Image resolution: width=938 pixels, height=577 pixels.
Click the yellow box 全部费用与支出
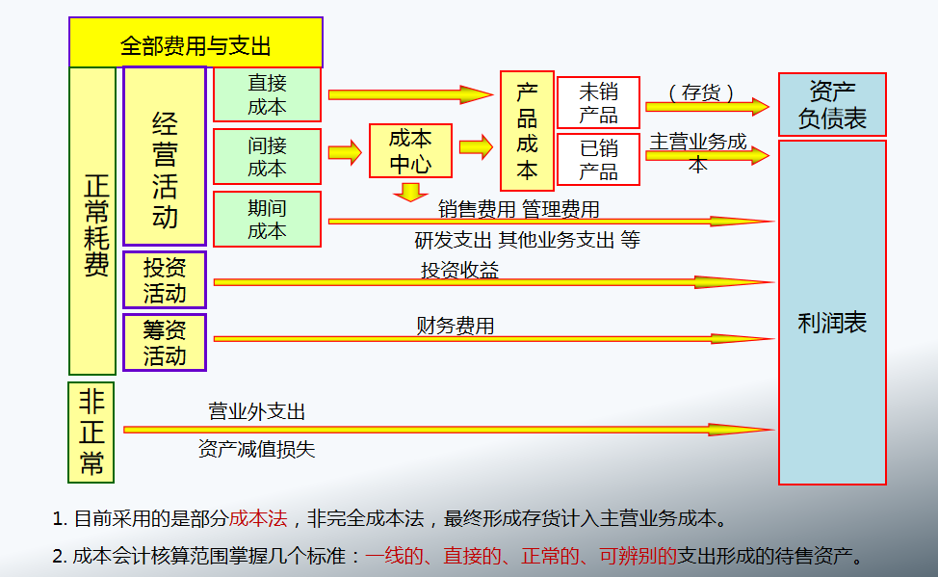(x=195, y=43)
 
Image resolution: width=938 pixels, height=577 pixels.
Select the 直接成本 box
(x=267, y=94)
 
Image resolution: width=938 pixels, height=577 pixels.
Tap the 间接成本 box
(x=267, y=157)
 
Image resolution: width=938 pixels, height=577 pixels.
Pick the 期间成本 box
(x=267, y=219)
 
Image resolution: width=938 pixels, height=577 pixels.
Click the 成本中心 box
(x=410, y=150)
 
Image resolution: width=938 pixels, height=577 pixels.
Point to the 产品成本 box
(x=527, y=131)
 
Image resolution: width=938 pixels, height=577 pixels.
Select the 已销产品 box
(x=599, y=160)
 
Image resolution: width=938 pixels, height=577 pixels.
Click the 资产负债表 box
(x=832, y=105)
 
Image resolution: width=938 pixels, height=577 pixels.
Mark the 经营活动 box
(x=165, y=155)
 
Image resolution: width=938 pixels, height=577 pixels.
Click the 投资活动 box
(x=165, y=279)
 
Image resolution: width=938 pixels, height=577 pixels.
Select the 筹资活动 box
(x=165, y=342)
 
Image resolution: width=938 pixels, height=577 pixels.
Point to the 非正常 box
(x=91, y=432)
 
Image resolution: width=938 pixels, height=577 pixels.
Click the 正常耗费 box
(x=92, y=221)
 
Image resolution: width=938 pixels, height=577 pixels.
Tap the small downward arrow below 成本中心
(x=411, y=192)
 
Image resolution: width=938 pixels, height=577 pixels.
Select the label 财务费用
(x=456, y=327)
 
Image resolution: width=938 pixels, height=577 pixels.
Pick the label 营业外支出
(x=257, y=412)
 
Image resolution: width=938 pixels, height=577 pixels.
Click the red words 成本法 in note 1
(x=258, y=518)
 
